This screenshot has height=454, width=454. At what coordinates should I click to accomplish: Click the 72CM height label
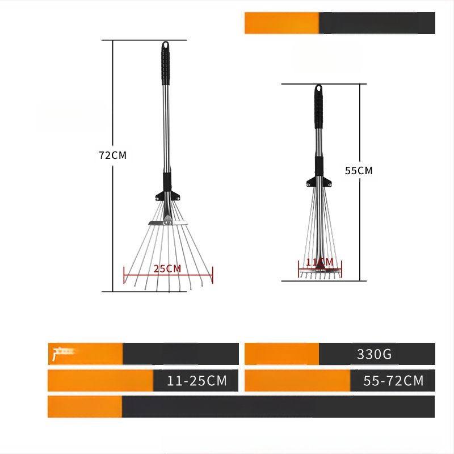pos(112,155)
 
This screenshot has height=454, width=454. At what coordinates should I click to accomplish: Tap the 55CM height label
pos(359,170)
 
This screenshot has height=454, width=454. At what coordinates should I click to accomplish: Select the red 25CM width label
pos(167,268)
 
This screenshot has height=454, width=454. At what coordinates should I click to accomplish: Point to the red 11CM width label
pos(320,262)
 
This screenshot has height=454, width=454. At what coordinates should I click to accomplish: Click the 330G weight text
pos(375,355)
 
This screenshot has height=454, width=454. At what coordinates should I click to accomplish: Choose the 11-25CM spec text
pos(197,381)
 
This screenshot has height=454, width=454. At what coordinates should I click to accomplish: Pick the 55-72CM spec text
pos(393,381)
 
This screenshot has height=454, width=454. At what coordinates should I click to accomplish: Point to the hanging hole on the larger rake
pos(165,45)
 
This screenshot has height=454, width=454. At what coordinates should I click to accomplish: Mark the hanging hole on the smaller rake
pos(318,89)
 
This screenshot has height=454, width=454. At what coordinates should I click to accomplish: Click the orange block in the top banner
pos(281,23)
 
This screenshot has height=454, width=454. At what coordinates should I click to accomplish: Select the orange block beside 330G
pos(281,354)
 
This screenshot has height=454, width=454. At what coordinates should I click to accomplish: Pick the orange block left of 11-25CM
pos(100,381)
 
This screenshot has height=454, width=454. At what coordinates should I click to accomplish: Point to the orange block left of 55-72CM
pos(297,381)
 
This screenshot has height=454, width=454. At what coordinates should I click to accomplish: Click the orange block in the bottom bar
pos(85,407)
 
